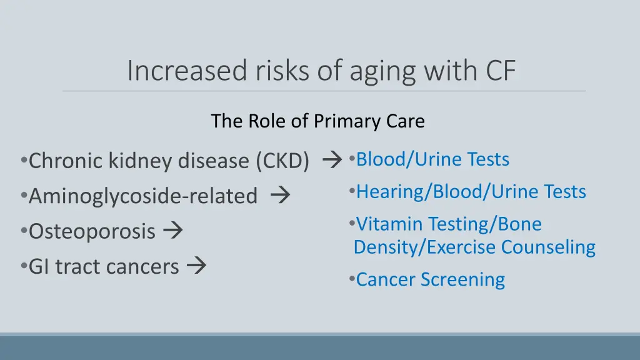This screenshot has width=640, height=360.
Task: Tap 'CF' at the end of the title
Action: pyautogui.click(x=501, y=70)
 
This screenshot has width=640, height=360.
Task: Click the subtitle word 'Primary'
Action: pyautogui.click(x=347, y=121)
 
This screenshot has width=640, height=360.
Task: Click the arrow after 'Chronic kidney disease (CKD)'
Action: pyautogui.click(x=331, y=161)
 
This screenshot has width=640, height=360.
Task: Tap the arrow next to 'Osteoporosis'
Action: pyautogui.click(x=172, y=231)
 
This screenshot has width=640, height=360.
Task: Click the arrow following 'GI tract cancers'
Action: pyautogui.click(x=196, y=266)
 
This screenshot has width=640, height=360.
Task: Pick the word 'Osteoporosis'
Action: pyautogui.click(x=92, y=232)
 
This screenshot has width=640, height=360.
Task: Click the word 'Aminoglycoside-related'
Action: pyautogui.click(x=143, y=197)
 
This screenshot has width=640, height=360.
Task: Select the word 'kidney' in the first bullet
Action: pyautogui.click(x=141, y=161)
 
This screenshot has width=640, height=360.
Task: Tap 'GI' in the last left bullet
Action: pyautogui.click(x=40, y=267)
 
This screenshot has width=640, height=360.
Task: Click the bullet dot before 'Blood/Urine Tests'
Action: pyautogui.click(x=352, y=159)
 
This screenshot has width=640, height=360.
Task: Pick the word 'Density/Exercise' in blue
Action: pyautogui.click(x=425, y=247)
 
